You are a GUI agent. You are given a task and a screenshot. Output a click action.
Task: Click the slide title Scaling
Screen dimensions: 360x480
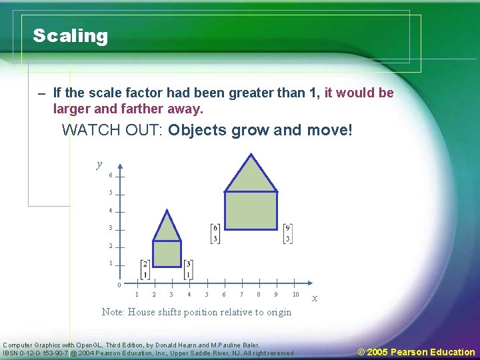[70, 36]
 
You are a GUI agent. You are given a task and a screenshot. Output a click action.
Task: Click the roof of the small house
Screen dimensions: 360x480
[167, 228]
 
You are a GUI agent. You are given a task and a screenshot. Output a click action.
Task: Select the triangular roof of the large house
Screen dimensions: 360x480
[251, 176]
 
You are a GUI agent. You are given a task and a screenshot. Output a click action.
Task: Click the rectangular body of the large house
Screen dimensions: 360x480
[251, 211]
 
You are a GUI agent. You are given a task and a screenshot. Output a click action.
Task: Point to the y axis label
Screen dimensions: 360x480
[99, 164]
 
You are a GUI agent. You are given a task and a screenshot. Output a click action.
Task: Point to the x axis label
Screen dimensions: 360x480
[315, 298]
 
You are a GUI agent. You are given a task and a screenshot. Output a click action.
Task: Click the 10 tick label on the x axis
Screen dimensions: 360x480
[295, 294]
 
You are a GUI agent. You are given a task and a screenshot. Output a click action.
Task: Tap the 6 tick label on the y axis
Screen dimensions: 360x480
[110, 175]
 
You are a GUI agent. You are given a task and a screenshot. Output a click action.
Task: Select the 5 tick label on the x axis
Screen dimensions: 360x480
[207, 294]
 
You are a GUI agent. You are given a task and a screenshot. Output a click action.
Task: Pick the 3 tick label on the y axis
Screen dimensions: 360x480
[110, 228]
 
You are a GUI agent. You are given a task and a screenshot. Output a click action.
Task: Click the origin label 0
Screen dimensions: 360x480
[118, 285]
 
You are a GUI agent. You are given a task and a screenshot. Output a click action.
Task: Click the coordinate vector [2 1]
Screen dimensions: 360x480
[145, 269]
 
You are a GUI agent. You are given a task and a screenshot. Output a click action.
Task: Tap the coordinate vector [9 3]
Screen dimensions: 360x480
[287, 234]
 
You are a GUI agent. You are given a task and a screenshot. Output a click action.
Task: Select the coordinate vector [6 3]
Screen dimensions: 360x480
[215, 234]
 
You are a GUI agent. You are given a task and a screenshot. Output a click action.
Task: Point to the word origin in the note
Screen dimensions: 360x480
[277, 312]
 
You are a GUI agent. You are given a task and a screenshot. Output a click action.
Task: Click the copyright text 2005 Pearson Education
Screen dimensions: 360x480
[416, 351]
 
